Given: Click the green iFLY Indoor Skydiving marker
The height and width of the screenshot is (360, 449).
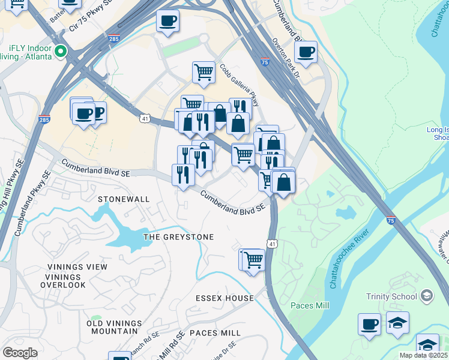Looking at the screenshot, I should [x=60, y=52].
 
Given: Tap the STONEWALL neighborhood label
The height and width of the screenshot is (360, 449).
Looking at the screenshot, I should [x=123, y=198].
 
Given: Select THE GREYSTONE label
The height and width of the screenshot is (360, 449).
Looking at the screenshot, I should [x=178, y=237].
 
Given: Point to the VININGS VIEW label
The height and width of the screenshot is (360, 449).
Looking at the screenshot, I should [x=74, y=267].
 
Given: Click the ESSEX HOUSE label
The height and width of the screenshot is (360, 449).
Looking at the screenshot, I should [x=224, y=298].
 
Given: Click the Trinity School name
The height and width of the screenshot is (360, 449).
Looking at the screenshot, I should [x=391, y=296].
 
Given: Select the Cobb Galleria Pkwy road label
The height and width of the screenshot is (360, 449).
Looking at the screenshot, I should [x=240, y=85].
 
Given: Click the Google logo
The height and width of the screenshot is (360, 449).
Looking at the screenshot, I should [x=20, y=353].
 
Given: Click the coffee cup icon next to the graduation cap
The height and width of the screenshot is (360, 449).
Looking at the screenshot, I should [x=369, y=324].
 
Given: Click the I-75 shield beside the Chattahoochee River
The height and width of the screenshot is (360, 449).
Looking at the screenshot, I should [x=391, y=221].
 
